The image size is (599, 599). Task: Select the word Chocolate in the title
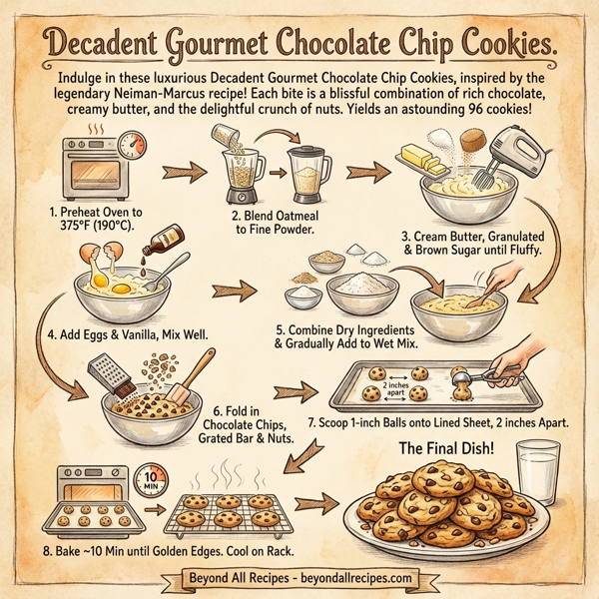[343, 43]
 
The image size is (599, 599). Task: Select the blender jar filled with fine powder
[308, 176]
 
